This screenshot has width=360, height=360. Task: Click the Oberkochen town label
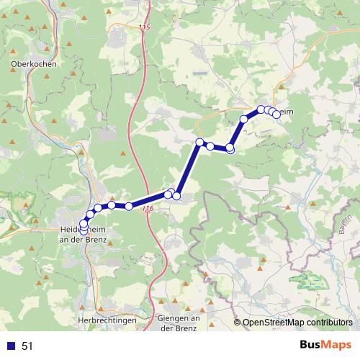pyautogui.click(x=33, y=63)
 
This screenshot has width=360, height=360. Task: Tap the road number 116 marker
pyautogui.click(x=148, y=209)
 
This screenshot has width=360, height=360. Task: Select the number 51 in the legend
pyautogui.click(x=27, y=346)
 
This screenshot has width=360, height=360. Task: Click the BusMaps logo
pyautogui.click(x=323, y=346)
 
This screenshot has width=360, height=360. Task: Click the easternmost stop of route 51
pyautogui.click(x=276, y=114)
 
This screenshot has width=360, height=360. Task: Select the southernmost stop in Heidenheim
pyautogui.click(x=84, y=230)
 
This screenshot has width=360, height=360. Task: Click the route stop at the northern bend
pyautogui.click(x=200, y=142)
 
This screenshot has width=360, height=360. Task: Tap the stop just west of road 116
pyautogui.click(x=128, y=207)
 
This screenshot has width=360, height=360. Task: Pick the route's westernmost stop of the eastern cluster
pyautogui.click(x=244, y=120)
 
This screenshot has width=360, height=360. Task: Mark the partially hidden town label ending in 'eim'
pyautogui.click(x=286, y=111)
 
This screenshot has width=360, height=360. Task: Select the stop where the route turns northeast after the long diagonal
pyautogui.click(x=230, y=148)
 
